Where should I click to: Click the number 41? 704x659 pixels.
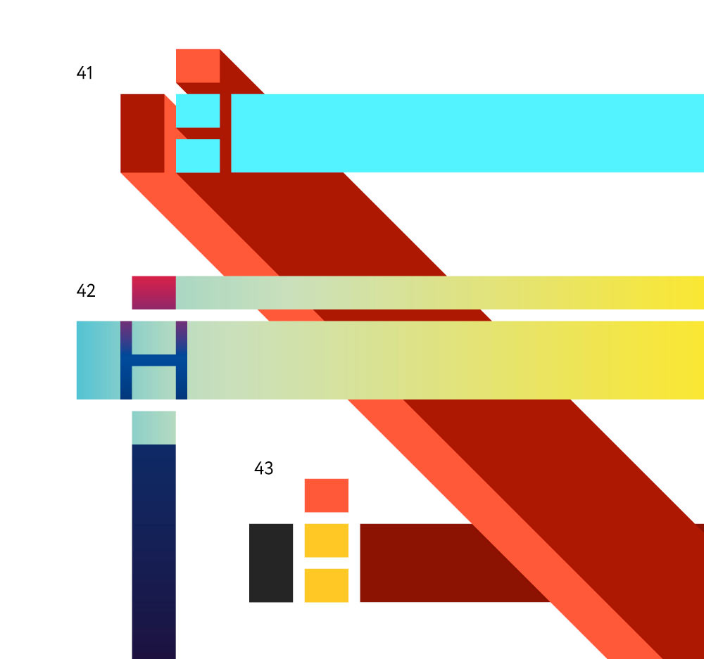[x=84, y=72]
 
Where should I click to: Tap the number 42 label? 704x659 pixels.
[x=86, y=290]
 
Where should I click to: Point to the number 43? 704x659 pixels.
[x=263, y=468]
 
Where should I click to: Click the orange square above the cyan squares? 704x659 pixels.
[x=198, y=66]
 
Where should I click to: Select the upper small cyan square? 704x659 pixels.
[x=198, y=111]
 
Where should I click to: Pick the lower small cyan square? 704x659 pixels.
[x=198, y=155]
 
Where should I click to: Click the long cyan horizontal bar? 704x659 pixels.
[x=467, y=133]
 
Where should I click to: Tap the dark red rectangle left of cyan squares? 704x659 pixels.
[x=142, y=133]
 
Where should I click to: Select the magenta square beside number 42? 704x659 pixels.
[x=153, y=293]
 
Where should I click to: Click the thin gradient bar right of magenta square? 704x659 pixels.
[x=440, y=293]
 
